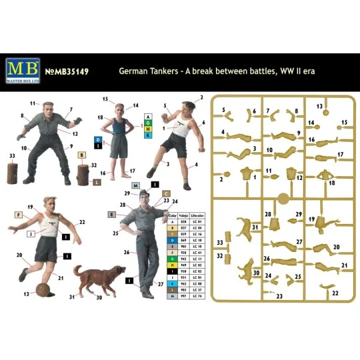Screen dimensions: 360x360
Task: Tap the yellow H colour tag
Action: [x=147, y=130]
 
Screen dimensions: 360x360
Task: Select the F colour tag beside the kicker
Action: [x=19, y=215]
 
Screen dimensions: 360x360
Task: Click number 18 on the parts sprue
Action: [x=331, y=182]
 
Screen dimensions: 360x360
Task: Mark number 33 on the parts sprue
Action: [x=217, y=243]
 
